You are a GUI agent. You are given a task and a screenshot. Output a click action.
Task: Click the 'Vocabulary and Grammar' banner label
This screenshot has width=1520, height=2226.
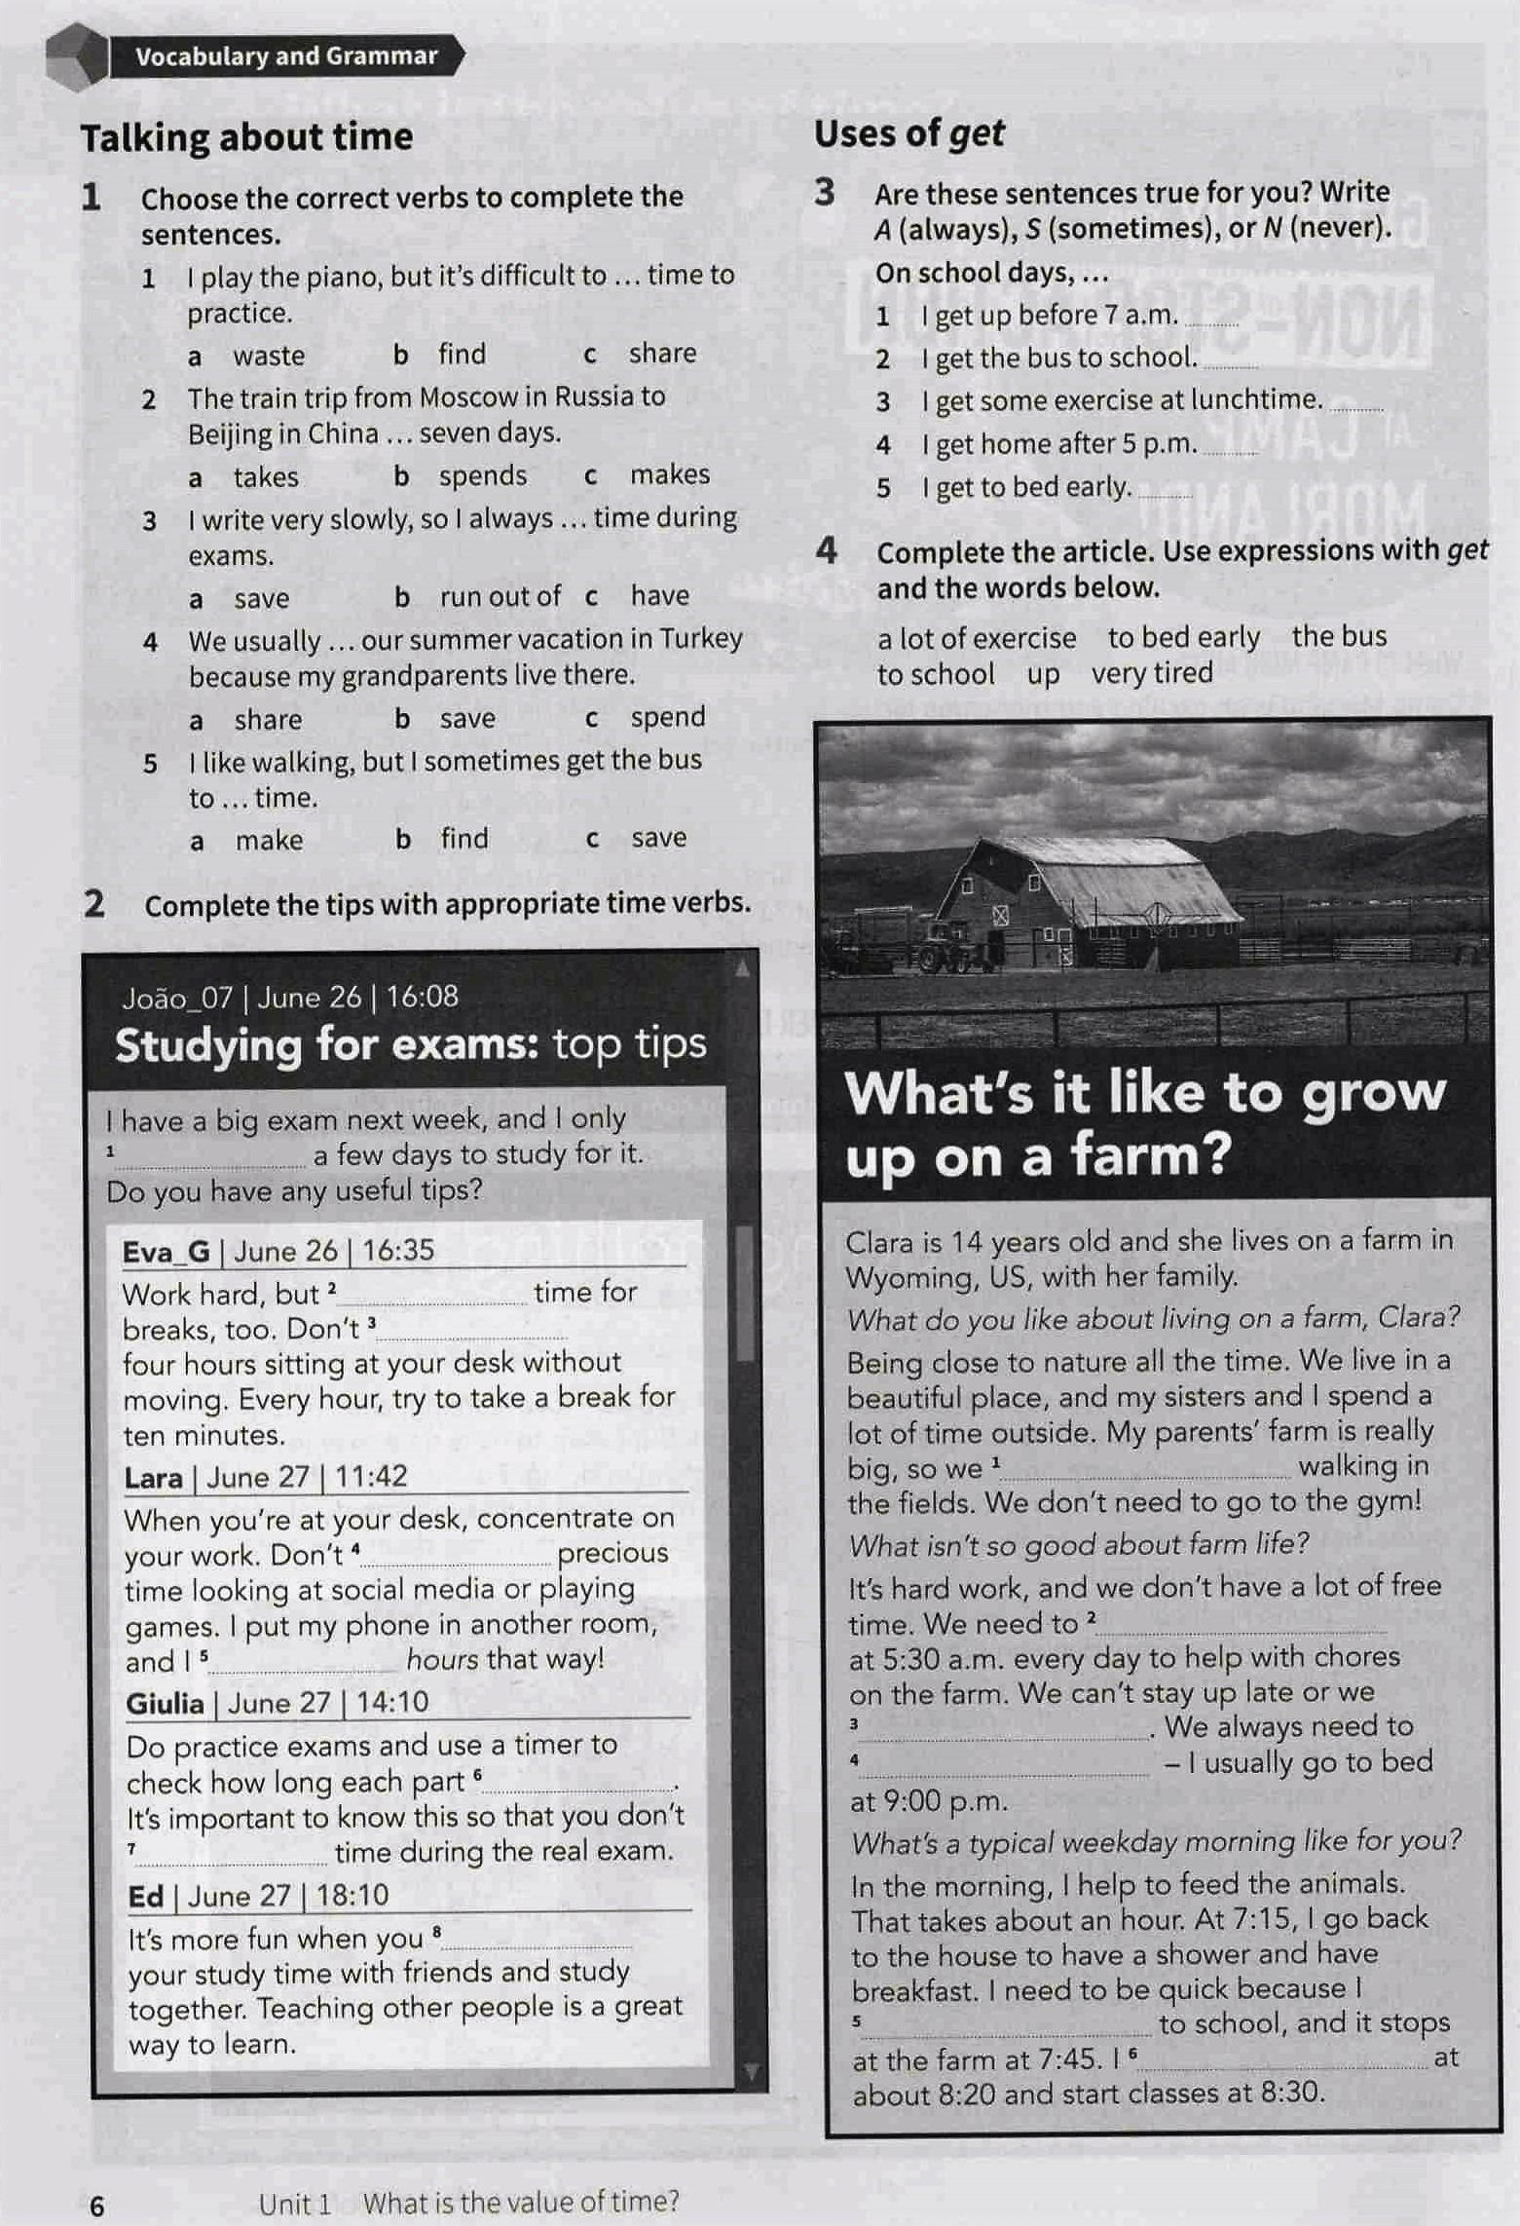(x=286, y=57)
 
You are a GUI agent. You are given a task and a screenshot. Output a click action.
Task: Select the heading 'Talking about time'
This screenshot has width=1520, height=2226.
(x=246, y=137)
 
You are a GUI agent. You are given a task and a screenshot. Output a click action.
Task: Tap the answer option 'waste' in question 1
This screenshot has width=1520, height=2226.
(x=269, y=356)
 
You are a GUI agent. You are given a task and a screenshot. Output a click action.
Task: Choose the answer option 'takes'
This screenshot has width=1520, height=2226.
(x=266, y=476)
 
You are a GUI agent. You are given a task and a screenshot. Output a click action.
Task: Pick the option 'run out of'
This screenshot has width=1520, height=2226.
(x=500, y=596)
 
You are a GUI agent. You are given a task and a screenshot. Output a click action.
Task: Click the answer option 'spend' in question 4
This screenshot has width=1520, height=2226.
(x=667, y=717)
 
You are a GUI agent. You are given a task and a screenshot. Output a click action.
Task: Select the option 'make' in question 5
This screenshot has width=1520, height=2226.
(x=269, y=840)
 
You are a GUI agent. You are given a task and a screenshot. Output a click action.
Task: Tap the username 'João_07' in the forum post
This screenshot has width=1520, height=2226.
(x=178, y=998)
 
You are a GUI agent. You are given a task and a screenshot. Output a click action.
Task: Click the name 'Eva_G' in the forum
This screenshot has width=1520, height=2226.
(x=166, y=1251)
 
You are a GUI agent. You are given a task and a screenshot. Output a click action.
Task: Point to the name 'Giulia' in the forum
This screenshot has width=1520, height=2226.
(x=165, y=1703)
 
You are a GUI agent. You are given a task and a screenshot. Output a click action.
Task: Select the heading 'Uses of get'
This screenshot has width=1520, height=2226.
(x=908, y=133)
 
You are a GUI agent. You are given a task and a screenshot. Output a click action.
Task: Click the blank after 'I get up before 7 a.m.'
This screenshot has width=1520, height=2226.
(x=1212, y=320)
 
